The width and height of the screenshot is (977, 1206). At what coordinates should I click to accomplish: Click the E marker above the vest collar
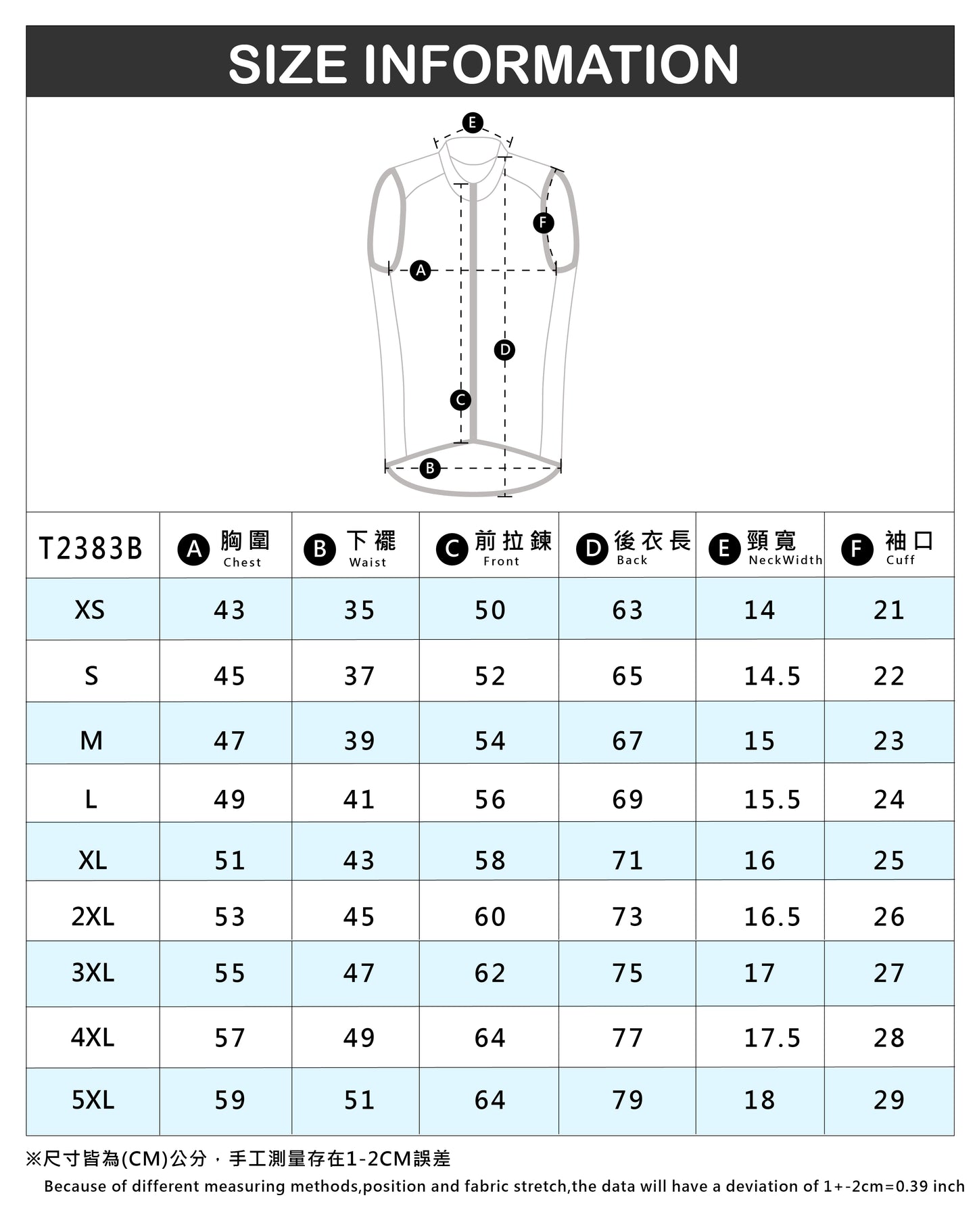[472, 122]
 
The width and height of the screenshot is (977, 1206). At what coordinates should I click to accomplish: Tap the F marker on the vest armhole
[543, 223]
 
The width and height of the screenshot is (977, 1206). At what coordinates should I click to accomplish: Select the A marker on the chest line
[421, 271]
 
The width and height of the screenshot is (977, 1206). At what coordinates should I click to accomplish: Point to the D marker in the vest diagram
[504, 350]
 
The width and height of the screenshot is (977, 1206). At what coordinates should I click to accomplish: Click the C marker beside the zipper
[460, 400]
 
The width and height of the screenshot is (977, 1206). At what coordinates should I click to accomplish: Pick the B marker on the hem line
[429, 468]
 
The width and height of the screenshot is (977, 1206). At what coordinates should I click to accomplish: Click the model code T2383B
[91, 549]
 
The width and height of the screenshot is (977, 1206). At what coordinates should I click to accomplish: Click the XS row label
[90, 610]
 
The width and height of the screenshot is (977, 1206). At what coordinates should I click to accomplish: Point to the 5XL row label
[93, 1100]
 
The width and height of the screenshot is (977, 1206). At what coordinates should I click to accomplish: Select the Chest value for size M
[229, 741]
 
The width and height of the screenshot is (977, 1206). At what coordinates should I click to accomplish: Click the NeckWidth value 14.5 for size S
[772, 676]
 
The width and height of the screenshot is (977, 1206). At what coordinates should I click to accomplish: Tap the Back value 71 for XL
[627, 861]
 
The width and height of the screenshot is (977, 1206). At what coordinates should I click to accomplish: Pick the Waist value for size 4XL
[359, 1038]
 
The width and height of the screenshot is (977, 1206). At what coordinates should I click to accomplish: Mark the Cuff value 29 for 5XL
[888, 1100]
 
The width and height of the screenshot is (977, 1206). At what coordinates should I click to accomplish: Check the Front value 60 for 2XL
[490, 917]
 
